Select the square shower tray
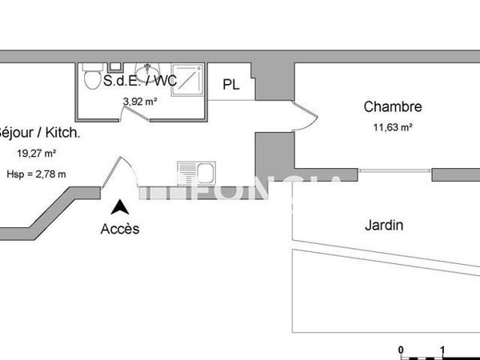tap(187, 78)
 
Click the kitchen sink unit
tap(196, 173)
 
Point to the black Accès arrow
tap(120, 207)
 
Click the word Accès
tap(120, 229)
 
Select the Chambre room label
tap(392, 106)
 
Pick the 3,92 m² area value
tap(139, 102)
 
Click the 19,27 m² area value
tap(37, 153)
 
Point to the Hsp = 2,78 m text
tap(36, 173)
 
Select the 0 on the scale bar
tap(402, 350)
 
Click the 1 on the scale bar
tap(442, 350)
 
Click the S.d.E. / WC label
tap(141, 81)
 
